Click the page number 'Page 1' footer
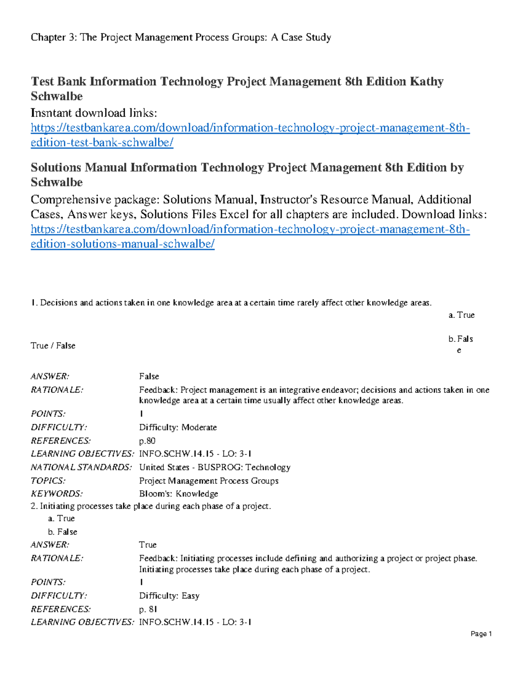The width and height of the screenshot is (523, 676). tap(481, 634)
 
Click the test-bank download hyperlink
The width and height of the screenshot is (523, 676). tap(250, 128)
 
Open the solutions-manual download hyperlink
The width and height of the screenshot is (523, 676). tap(250, 229)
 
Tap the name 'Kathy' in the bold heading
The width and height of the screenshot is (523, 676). tap(426, 82)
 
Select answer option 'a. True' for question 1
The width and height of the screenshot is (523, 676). tap(461, 315)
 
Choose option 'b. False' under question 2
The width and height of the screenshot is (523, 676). tap(62, 531)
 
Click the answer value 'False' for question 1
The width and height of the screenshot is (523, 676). tap(149, 376)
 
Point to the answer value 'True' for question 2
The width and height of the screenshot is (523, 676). tap(147, 545)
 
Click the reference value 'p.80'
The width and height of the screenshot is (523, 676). tap(147, 441)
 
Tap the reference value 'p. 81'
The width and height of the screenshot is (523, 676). tap(148, 609)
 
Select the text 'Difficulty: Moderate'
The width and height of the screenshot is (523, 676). tap(178, 427)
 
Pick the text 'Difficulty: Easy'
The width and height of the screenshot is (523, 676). tap(169, 595)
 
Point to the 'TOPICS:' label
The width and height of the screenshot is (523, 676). tap(48, 481)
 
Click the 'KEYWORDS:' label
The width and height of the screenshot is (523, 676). tap(57, 494)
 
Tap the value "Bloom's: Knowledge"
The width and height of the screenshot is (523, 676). tap(178, 494)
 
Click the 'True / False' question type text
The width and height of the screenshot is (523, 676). tap(53, 346)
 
